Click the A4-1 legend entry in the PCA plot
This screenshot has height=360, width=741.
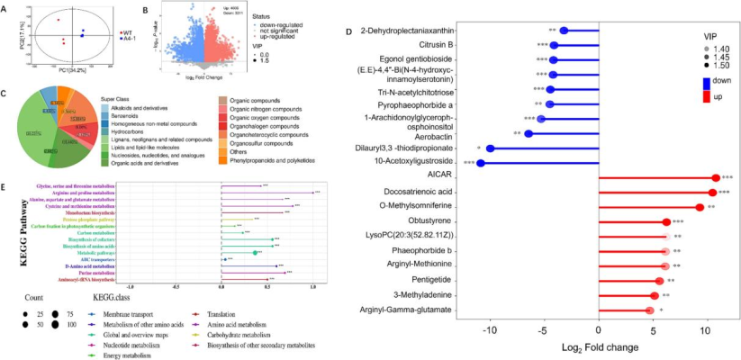(x=131, y=40)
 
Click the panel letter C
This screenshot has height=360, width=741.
(x=5, y=93)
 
